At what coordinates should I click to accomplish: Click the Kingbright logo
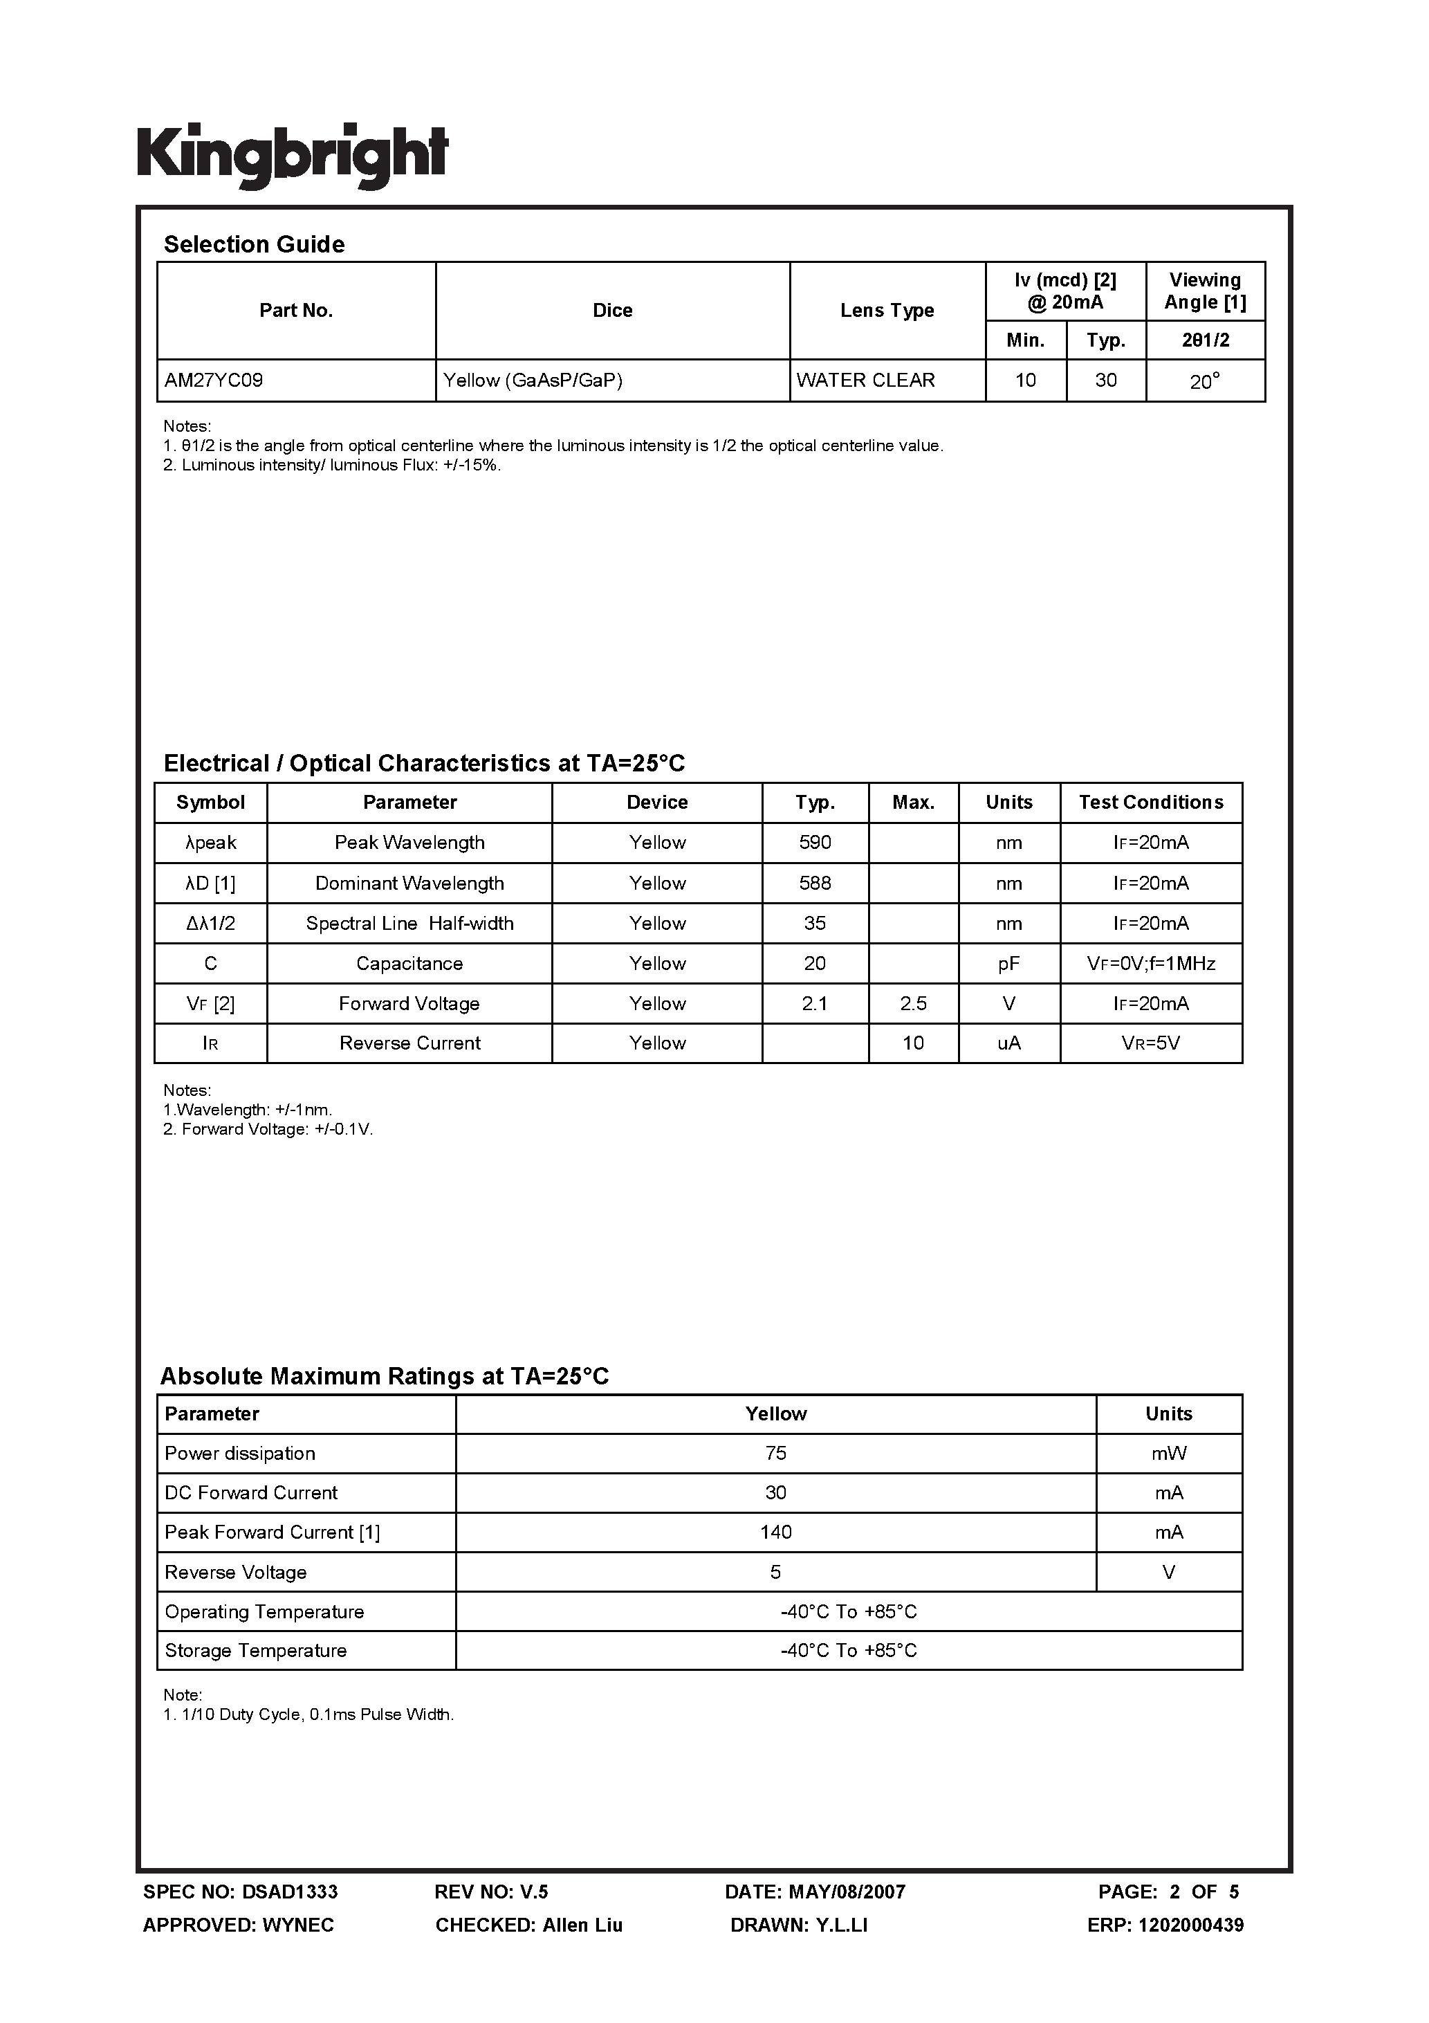pyautogui.click(x=293, y=154)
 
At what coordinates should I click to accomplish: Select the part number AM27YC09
pyautogui.click(x=214, y=381)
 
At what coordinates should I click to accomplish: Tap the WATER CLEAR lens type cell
pyautogui.click(x=865, y=381)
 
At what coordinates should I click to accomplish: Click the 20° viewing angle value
pyautogui.click(x=1204, y=381)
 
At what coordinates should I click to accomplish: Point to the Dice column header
pyautogui.click(x=612, y=310)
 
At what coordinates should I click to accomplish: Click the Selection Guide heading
pyautogui.click(x=254, y=244)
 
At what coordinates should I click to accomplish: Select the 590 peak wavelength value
pyautogui.click(x=815, y=842)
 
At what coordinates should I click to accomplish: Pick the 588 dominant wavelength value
pyautogui.click(x=815, y=883)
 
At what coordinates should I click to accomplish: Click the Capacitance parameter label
pyautogui.click(x=409, y=963)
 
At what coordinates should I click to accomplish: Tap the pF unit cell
pyautogui.click(x=1008, y=963)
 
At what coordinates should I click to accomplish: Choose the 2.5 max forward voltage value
pyautogui.click(x=913, y=1004)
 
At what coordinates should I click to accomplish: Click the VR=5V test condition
pyautogui.click(x=1150, y=1043)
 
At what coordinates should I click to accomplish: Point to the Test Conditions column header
pyautogui.click(x=1150, y=802)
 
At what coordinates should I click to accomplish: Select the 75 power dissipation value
pyautogui.click(x=775, y=1453)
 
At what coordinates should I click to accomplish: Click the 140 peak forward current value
pyautogui.click(x=775, y=1532)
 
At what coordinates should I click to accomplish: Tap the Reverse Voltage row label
pyautogui.click(x=236, y=1572)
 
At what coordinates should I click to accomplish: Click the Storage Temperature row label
pyautogui.click(x=255, y=1650)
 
